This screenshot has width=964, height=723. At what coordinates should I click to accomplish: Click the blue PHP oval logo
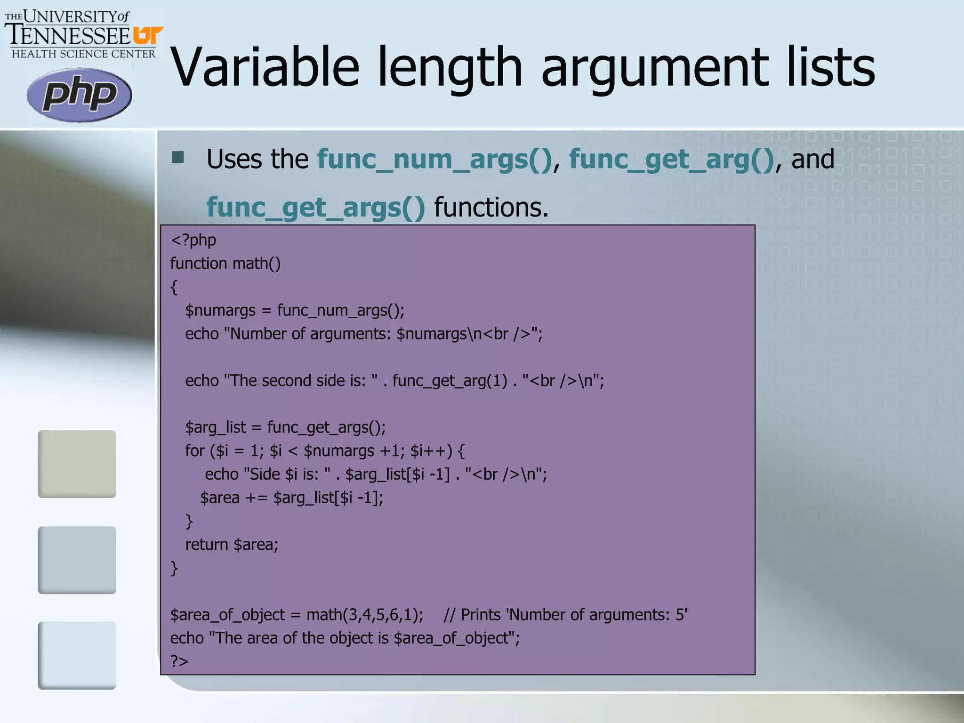(x=79, y=95)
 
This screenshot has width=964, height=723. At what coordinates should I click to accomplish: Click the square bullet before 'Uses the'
(x=178, y=157)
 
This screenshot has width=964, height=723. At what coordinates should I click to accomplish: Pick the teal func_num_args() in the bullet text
(x=434, y=159)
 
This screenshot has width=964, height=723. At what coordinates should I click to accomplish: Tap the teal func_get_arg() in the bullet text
(x=671, y=159)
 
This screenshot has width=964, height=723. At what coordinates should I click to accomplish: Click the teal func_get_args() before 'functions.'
(x=315, y=208)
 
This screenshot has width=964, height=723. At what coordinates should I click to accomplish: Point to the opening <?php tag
(x=193, y=240)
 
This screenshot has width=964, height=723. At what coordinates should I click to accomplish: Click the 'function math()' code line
(x=225, y=264)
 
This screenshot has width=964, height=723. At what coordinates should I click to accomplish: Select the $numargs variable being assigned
(x=220, y=311)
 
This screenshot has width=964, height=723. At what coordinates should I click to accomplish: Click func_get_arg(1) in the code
(x=450, y=380)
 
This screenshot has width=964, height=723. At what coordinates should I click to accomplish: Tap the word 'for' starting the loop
(x=194, y=451)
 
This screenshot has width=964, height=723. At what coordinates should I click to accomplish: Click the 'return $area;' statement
(x=232, y=545)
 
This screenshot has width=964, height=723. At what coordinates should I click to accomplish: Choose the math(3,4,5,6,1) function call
(x=365, y=615)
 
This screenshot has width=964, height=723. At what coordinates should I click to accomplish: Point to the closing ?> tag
(x=179, y=661)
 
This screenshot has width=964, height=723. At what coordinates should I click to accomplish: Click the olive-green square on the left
(x=77, y=464)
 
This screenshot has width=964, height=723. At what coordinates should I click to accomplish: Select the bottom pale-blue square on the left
(x=77, y=655)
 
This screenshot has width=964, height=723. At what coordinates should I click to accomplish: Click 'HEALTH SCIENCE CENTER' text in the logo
(x=83, y=54)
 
